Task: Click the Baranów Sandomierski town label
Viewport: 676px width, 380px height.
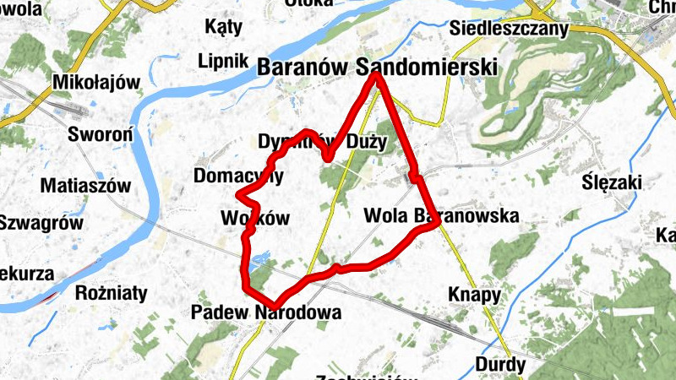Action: [375, 66]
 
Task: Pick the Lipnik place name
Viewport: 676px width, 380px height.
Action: [222, 62]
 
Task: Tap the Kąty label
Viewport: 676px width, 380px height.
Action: [224, 26]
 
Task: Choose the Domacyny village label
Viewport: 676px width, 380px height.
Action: [238, 176]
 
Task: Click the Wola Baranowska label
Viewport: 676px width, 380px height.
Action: [441, 216]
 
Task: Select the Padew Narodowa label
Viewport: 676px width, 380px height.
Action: [266, 312]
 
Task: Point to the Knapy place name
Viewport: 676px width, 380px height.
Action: [475, 295]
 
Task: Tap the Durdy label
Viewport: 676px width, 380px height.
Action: [499, 366]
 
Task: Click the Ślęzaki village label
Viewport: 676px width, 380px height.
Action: [613, 182]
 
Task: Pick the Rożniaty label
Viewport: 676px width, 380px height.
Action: [111, 294]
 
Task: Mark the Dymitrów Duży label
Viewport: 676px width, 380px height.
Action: [321, 142]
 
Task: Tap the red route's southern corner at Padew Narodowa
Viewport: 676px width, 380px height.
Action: [274, 305]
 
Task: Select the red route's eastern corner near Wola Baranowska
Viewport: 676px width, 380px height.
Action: [437, 225]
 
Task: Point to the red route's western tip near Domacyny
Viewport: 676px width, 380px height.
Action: [239, 197]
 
